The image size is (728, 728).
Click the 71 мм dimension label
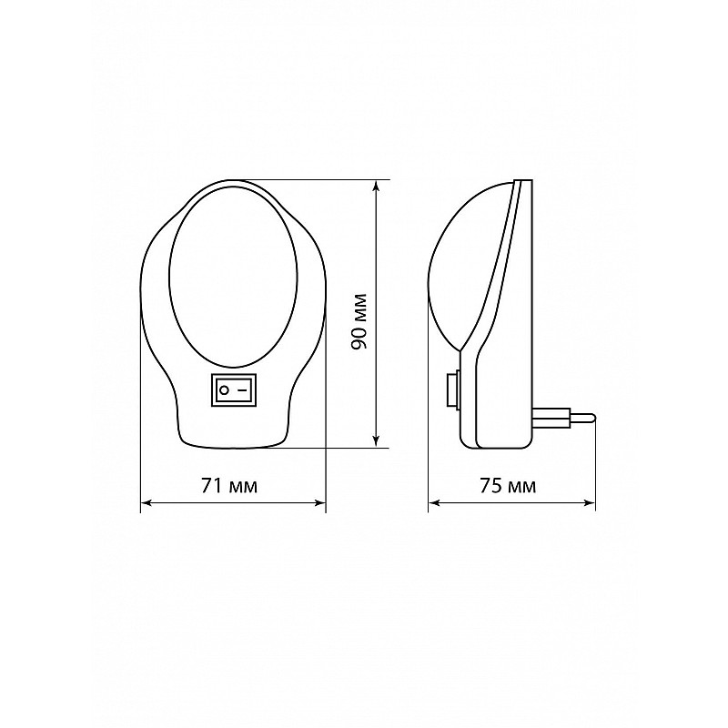point(229,486)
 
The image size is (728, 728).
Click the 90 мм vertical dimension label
point(359,321)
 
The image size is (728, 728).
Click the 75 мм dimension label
point(508,486)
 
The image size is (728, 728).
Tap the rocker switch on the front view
point(234,389)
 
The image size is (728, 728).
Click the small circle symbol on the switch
point(224,390)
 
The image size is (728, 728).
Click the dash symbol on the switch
point(242,390)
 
